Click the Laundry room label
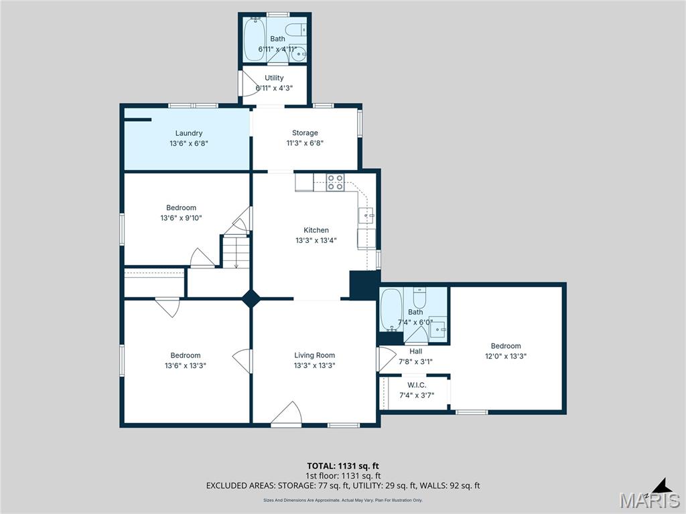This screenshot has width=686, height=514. click(188, 133)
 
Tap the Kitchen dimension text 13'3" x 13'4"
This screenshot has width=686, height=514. click(316, 240)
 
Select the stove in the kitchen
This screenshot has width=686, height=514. click(336, 183)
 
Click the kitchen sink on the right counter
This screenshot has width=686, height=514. click(366, 216)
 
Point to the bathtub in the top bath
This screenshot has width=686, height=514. click(255, 39)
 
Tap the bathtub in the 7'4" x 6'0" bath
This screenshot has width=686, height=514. click(391, 309)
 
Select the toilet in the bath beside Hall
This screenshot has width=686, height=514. click(419, 297)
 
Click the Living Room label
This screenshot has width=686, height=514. click(314, 355)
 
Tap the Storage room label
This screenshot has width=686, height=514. click(305, 133)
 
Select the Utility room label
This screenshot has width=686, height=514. click(274, 78)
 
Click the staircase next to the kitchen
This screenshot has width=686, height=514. click(235, 252)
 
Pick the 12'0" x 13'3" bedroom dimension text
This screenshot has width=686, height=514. click(505, 356)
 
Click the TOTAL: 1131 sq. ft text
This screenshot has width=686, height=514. click(342, 466)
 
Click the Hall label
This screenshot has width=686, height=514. click(415, 351)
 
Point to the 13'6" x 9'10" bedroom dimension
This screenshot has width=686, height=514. click(181, 218)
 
